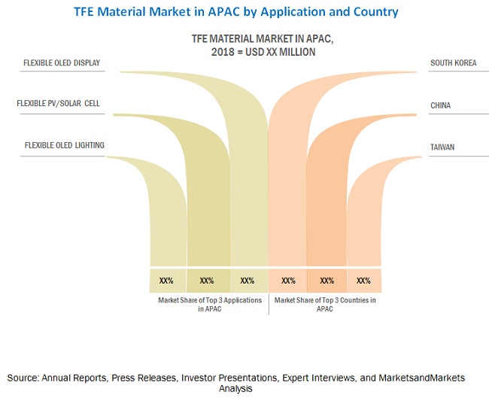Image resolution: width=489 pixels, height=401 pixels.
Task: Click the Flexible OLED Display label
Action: (x=62, y=62)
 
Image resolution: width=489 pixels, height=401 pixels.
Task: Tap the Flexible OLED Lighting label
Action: (x=64, y=145)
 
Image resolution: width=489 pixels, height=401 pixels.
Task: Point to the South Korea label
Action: (x=453, y=63)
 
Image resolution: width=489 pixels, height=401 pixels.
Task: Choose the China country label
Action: (x=441, y=105)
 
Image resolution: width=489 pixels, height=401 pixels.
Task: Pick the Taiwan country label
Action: (x=442, y=147)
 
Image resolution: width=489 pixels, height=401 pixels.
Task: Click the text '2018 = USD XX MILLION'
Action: (x=248, y=52)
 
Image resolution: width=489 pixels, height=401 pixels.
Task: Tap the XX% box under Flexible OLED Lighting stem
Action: (x=166, y=281)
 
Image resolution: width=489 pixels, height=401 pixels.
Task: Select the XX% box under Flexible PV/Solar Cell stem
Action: (x=207, y=281)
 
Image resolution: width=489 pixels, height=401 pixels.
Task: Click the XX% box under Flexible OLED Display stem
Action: (x=247, y=281)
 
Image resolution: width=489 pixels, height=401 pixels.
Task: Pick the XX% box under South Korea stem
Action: (x=288, y=281)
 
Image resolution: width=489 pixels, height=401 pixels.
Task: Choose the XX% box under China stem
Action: (x=327, y=281)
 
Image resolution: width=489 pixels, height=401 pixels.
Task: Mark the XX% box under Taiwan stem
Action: (x=363, y=281)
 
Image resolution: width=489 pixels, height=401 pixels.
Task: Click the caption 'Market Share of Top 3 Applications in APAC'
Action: (x=210, y=304)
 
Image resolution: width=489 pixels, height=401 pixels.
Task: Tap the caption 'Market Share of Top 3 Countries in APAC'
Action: (x=325, y=304)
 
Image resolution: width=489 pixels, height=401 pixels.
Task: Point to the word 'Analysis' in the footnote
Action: (x=235, y=390)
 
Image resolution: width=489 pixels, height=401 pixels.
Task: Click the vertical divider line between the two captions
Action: (x=269, y=304)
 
